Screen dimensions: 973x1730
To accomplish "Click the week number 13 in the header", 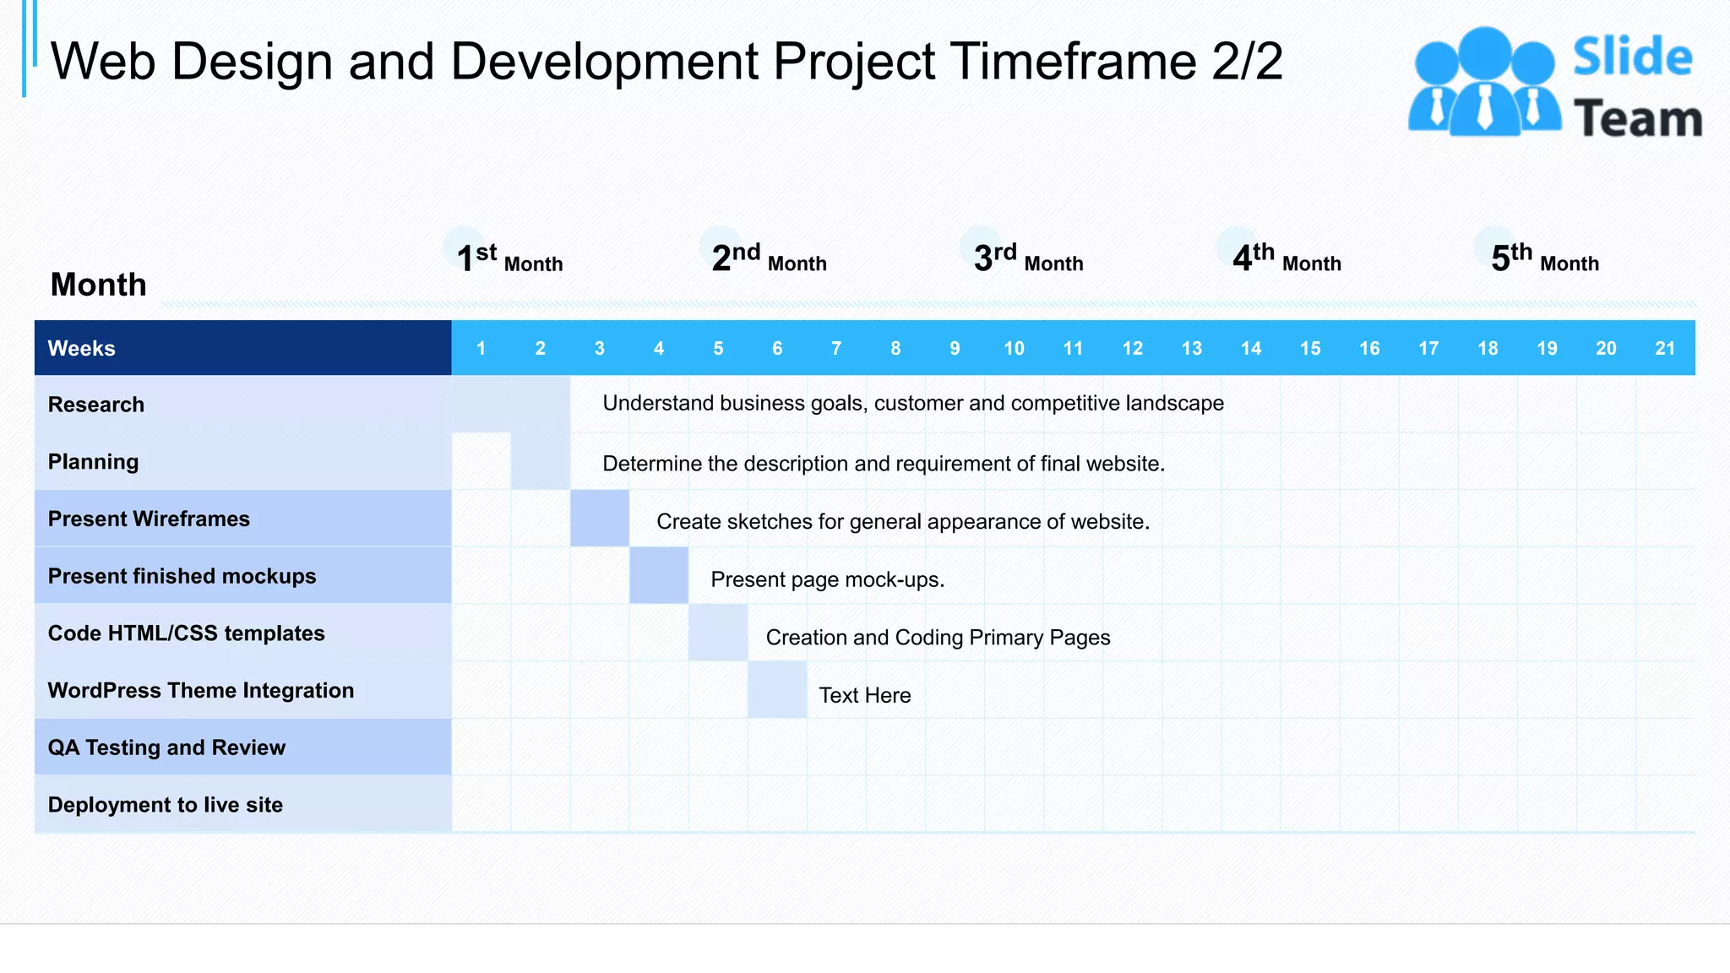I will point(1191,348).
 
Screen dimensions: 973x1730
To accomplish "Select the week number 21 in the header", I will point(1664,348).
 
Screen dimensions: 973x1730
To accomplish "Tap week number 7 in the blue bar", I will point(835,348).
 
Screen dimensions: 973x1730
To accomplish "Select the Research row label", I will point(96,405).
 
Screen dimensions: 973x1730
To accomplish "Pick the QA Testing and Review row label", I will point(166,747).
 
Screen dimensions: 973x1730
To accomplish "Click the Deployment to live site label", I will point(166,805).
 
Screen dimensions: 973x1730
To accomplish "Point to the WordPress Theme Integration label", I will point(201,690).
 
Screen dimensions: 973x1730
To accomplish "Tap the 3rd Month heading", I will point(1027,258).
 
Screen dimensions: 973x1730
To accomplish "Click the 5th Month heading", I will point(1544,258).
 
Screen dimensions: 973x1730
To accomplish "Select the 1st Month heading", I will point(509,258).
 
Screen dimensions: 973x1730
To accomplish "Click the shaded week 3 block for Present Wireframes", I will point(600,518).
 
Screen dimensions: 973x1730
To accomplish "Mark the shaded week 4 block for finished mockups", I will point(659,575).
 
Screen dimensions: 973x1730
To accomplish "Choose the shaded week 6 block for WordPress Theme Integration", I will point(777,690).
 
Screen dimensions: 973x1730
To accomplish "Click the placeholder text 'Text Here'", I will point(865,695).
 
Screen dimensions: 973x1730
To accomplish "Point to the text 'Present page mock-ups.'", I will point(827,579).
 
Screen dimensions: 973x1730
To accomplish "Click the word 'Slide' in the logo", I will point(1632,57).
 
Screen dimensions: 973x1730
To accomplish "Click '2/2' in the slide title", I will point(1247,61).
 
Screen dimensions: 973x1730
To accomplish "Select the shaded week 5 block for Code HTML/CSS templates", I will point(718,633).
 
